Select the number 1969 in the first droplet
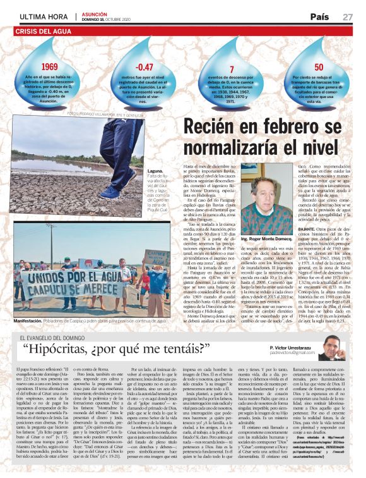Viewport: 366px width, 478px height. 49,66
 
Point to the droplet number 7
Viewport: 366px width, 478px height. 232,69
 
